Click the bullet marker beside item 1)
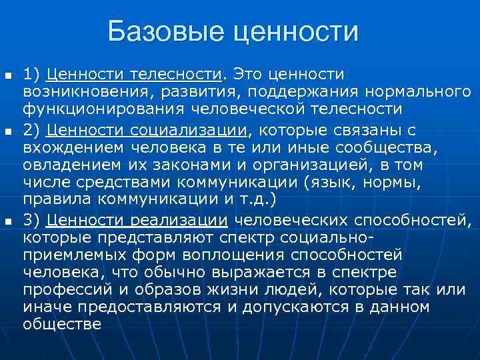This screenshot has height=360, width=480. (x=7, y=73)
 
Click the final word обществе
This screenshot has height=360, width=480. (x=61, y=325)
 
